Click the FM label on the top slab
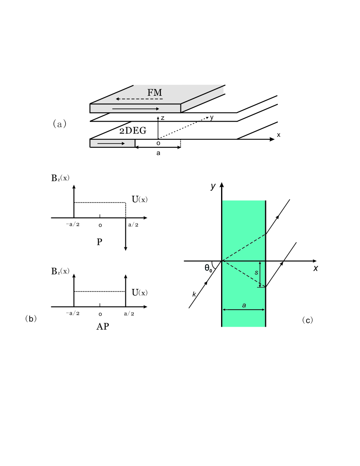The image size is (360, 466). [x=155, y=92]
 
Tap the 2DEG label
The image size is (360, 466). [x=133, y=130]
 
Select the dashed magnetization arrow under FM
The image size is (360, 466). [x=139, y=99]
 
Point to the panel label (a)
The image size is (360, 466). [x=59, y=124]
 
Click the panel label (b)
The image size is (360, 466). [x=31, y=319]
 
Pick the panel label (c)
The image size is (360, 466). [x=307, y=320]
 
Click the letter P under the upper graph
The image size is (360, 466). [x=100, y=242]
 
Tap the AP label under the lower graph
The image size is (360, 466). [x=103, y=326]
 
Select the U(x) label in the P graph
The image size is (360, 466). [x=140, y=199]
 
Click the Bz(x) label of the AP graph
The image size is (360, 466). [x=60, y=271]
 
